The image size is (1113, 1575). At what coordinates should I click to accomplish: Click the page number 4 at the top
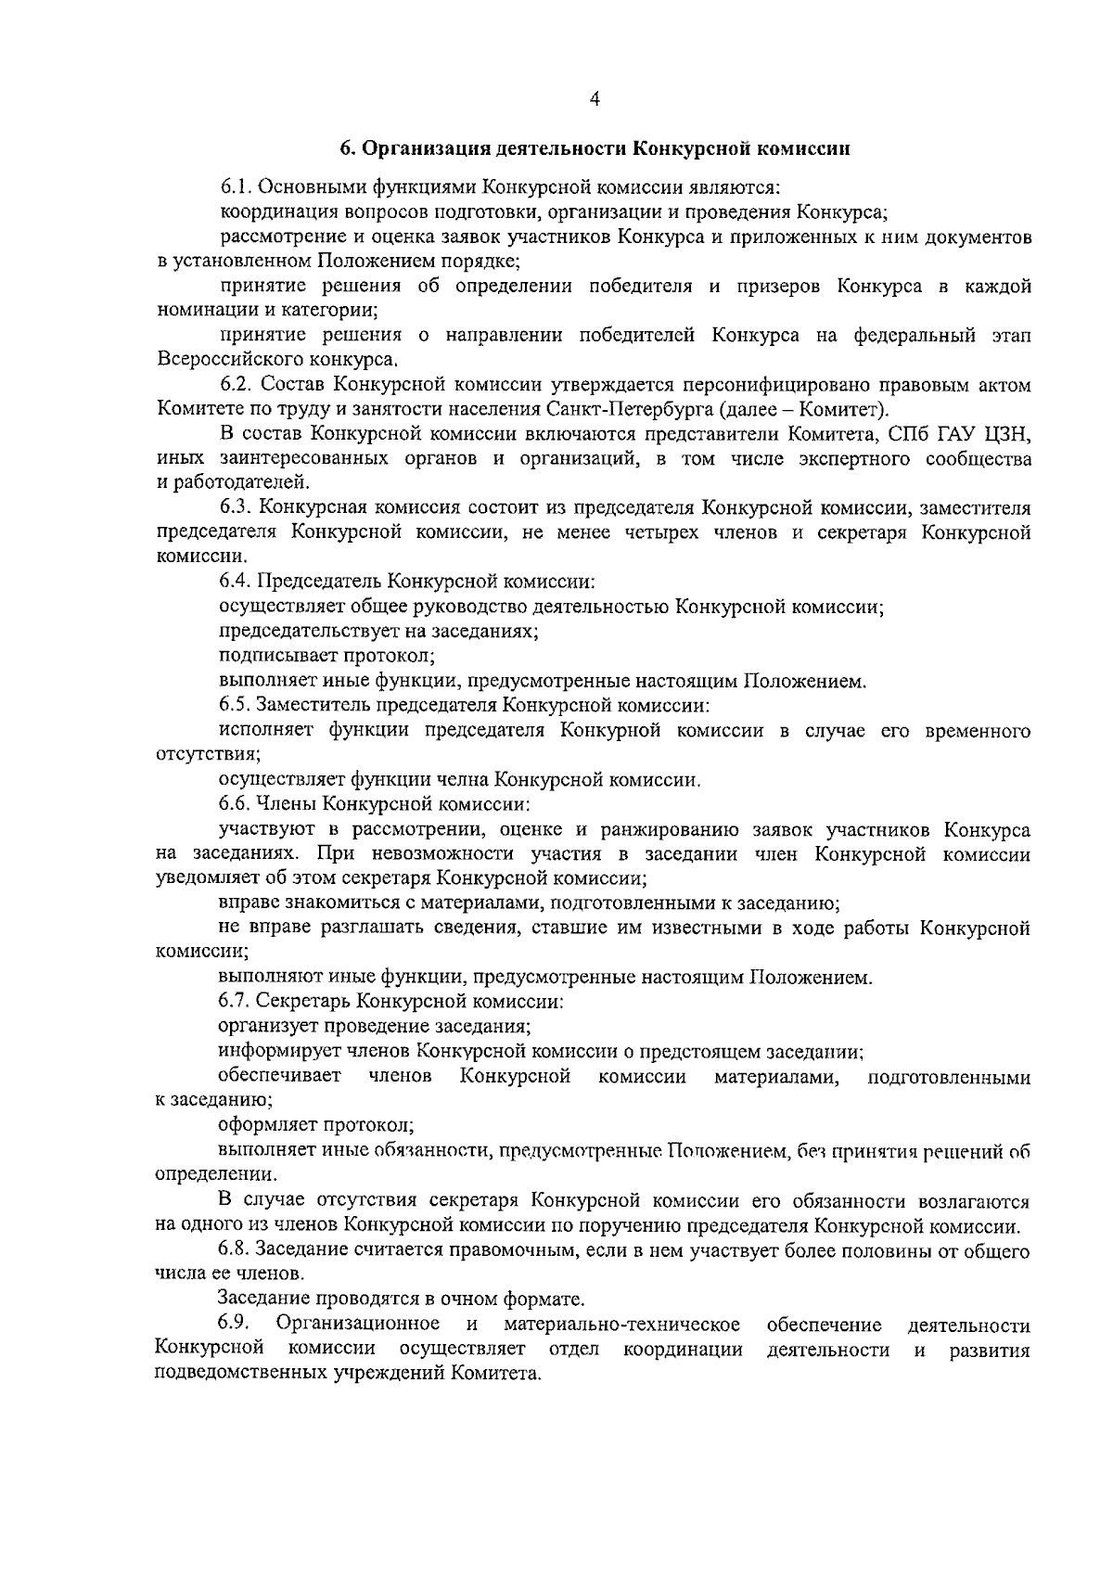pyautogui.click(x=594, y=98)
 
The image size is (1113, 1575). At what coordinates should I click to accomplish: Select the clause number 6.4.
pyautogui.click(x=235, y=582)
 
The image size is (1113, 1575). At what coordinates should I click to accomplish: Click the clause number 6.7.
pyautogui.click(x=235, y=1002)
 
